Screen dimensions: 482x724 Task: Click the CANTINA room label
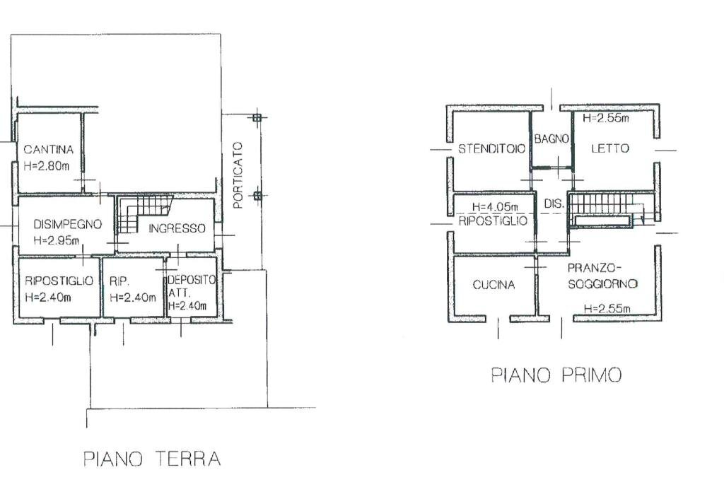click(x=48, y=150)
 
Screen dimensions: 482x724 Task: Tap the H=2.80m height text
click(x=47, y=167)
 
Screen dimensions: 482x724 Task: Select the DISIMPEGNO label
click(x=67, y=224)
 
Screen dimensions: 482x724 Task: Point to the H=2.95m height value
click(x=57, y=241)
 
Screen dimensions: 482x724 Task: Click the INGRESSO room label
click(x=176, y=229)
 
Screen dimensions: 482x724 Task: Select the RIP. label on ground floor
click(x=117, y=281)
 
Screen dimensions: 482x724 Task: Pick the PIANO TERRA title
click(x=152, y=459)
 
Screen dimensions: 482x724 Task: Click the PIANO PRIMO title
click(x=556, y=375)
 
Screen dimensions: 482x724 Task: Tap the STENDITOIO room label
click(x=491, y=149)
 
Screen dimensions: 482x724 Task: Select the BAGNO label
click(x=551, y=139)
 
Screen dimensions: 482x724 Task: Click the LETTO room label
click(x=609, y=149)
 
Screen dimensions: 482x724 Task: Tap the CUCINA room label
click(x=494, y=286)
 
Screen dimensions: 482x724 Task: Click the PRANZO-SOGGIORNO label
click(x=602, y=276)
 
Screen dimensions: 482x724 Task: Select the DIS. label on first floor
click(x=554, y=205)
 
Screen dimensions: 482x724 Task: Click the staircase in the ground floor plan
click(x=141, y=214)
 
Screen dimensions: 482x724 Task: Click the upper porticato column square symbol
click(x=257, y=117)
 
